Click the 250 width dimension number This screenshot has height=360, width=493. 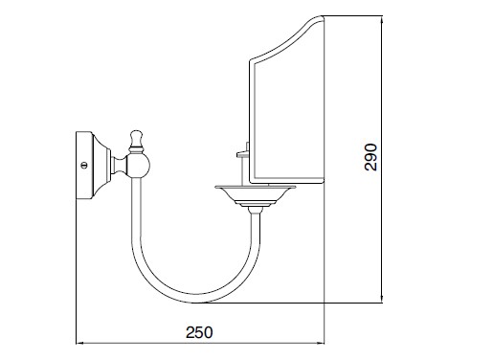pyautogui.click(x=199, y=332)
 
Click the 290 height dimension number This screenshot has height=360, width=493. pyautogui.click(x=370, y=157)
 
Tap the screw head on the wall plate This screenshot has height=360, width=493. pyautogui.click(x=84, y=166)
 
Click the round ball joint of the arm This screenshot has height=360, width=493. pyautogui.click(x=138, y=165)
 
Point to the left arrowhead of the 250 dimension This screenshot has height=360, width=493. pyautogui.click(x=79, y=343)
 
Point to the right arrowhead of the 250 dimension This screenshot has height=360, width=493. pyautogui.click(x=321, y=343)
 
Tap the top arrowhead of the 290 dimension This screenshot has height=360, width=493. pyautogui.click(x=382, y=20)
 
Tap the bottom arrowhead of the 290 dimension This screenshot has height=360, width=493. pyautogui.click(x=382, y=299)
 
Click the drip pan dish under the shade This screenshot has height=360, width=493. pyautogui.click(x=251, y=194)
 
